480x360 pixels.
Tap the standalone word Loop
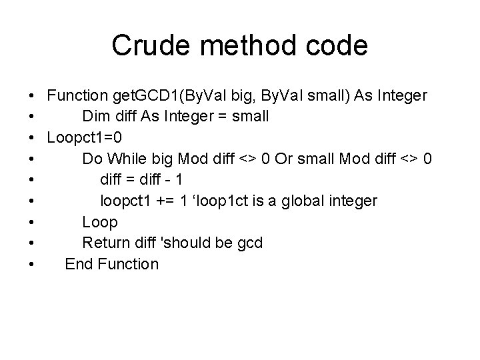click(x=99, y=222)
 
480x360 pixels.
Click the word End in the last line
click(x=79, y=264)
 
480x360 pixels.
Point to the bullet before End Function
click(x=33, y=265)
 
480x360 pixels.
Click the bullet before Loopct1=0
click(x=33, y=138)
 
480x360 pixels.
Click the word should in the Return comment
click(x=191, y=243)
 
